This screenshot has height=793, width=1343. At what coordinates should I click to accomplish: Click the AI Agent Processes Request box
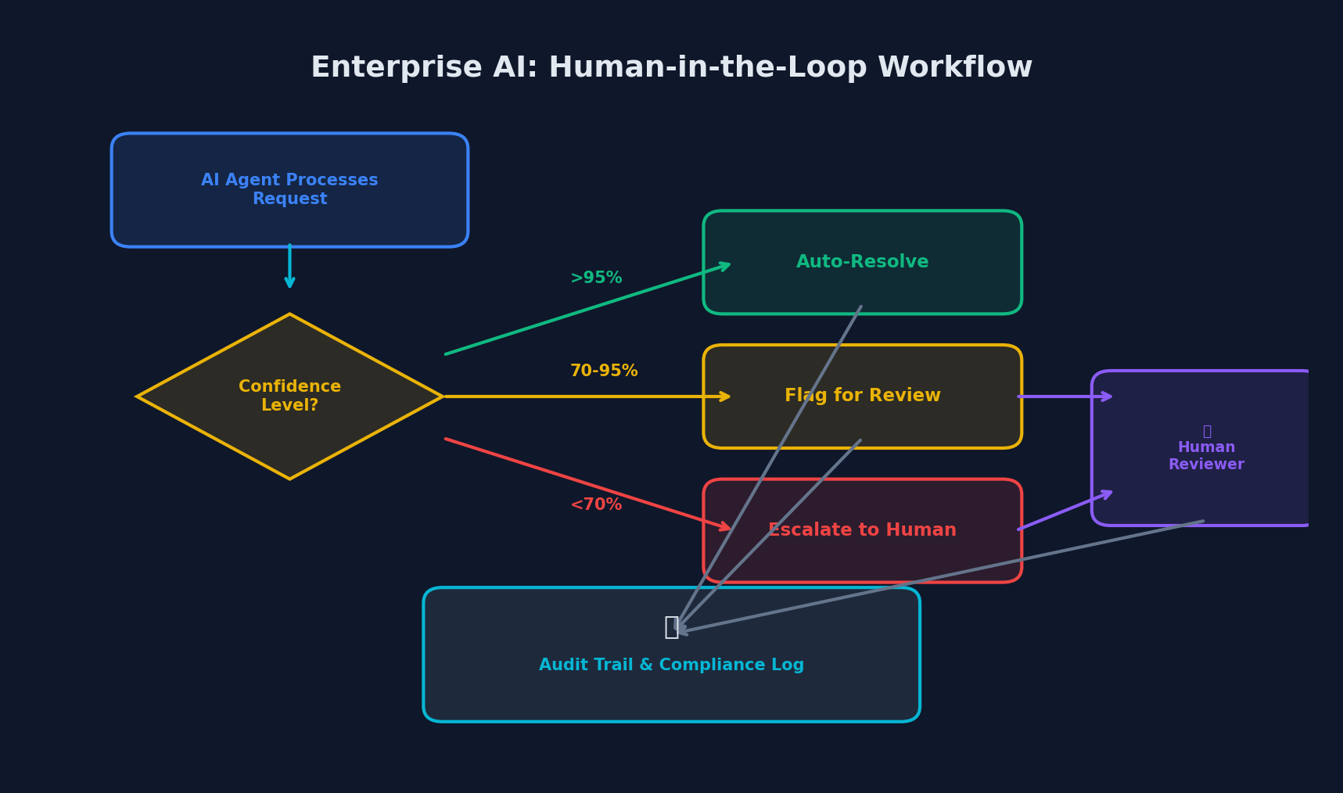[x=289, y=190]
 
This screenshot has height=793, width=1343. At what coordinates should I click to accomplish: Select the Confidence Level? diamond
[x=289, y=396]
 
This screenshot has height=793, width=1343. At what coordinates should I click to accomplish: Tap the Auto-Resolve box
[x=862, y=262]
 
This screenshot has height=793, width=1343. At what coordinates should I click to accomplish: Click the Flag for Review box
[x=862, y=396]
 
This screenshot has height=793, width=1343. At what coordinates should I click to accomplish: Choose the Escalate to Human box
[x=862, y=531]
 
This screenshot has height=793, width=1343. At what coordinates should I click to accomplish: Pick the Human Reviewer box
[x=1205, y=448]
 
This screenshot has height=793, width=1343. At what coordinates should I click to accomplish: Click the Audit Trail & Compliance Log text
[x=671, y=666]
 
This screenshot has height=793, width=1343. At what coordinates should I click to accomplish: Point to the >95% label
[x=596, y=278]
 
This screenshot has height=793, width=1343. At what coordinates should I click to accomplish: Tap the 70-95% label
[x=604, y=371]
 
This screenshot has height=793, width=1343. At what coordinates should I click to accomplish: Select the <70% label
[x=596, y=505]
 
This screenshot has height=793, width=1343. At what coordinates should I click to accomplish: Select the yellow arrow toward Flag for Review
[x=587, y=396]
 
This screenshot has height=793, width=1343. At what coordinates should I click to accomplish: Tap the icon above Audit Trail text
[x=671, y=626]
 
